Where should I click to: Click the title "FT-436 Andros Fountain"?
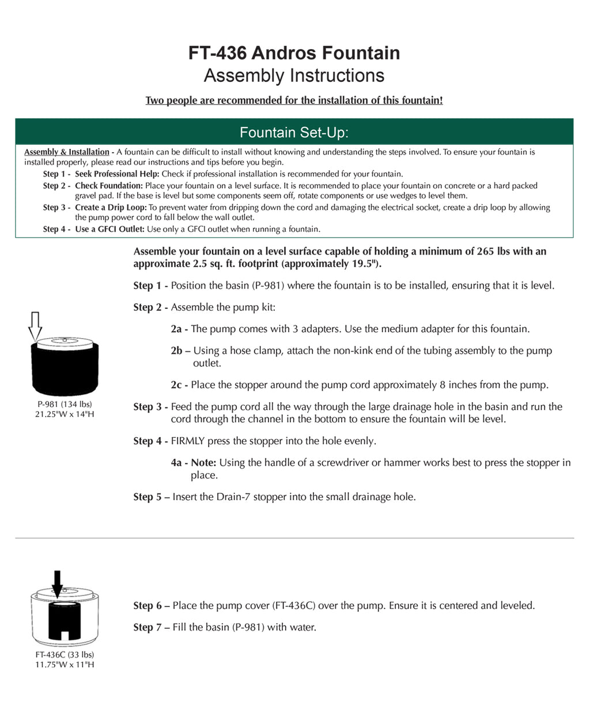(x=294, y=53)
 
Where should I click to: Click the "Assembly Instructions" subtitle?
(x=294, y=76)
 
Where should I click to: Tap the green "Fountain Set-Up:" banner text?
(x=294, y=133)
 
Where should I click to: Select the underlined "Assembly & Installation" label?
(x=66, y=152)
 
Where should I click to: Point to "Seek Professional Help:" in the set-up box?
(x=117, y=174)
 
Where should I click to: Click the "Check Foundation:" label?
(x=108, y=186)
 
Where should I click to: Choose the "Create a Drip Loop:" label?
(x=111, y=208)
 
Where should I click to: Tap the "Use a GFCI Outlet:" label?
(x=110, y=229)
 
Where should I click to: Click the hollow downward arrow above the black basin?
(x=35, y=325)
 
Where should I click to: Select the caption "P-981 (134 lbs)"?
(x=65, y=404)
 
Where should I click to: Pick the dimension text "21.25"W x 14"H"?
(x=65, y=414)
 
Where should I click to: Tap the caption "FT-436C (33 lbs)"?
(x=65, y=655)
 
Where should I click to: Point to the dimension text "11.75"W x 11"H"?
(x=65, y=665)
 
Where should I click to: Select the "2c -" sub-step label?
(x=179, y=385)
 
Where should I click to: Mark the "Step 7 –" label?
(x=151, y=627)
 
